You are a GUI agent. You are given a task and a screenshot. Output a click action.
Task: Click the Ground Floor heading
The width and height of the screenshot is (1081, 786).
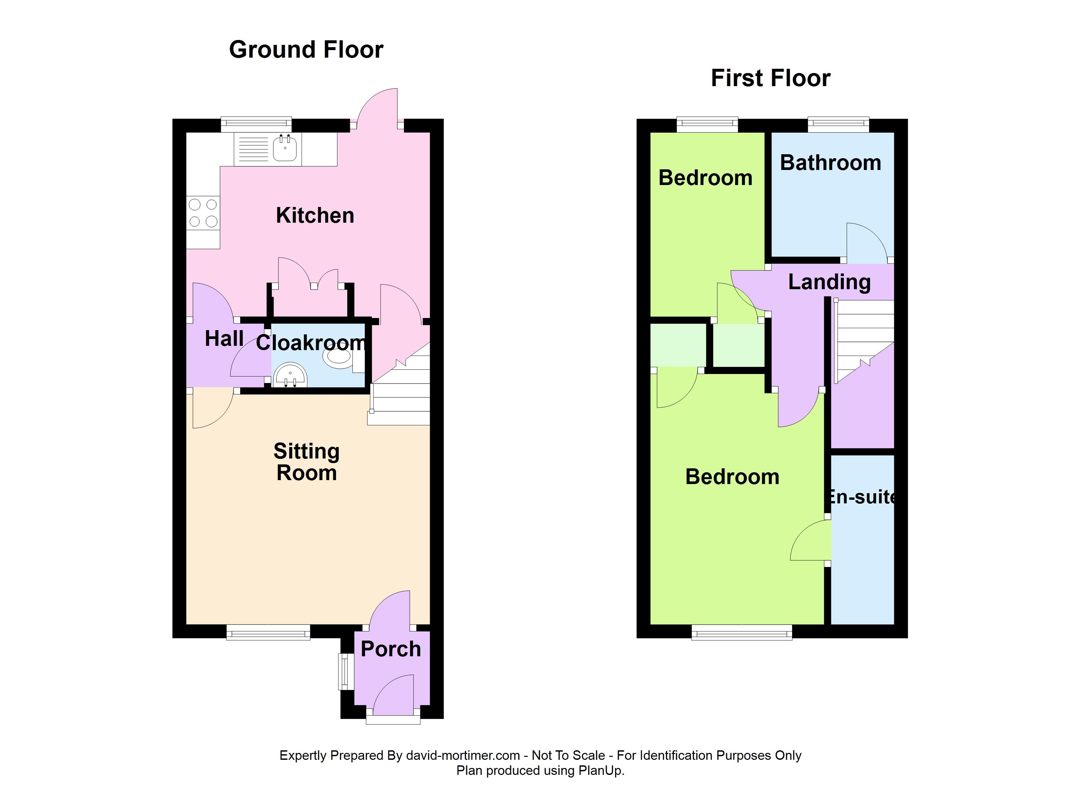[306, 49]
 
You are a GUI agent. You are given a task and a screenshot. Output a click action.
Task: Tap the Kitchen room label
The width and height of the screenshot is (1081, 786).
[315, 215]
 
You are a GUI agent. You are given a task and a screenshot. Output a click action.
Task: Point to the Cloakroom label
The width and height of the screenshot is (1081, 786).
[311, 342]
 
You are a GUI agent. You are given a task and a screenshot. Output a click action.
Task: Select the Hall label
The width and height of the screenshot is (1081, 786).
[224, 339]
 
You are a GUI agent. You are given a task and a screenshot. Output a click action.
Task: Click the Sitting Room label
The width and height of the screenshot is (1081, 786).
[307, 462]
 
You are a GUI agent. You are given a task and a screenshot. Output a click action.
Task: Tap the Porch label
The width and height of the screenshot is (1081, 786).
[391, 649]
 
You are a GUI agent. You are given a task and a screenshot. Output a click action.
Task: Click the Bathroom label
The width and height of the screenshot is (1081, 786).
[830, 163]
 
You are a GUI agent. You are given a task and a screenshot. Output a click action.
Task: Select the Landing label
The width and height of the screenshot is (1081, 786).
[829, 282]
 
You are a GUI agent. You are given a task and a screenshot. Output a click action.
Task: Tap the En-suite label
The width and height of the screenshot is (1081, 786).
[862, 497]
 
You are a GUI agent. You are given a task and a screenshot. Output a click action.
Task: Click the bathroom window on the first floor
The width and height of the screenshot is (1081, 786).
[838, 124]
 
